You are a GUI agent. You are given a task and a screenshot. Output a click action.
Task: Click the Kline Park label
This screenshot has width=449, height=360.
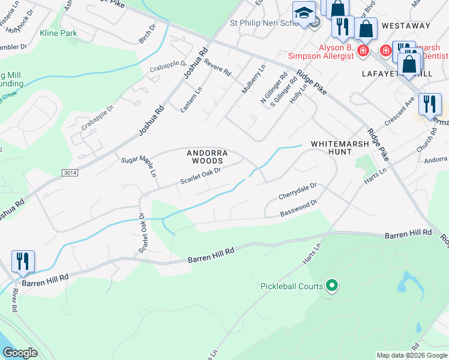[x=58, y=34]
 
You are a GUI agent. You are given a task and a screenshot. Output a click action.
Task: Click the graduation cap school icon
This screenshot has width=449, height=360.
[x=303, y=13]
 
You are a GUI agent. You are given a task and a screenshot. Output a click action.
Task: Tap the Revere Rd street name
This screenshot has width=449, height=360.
[x=217, y=68]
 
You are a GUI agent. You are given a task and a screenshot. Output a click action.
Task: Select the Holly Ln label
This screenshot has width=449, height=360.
[x=298, y=92]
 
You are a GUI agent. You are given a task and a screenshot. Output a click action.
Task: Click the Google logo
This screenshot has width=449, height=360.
[x=21, y=353]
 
